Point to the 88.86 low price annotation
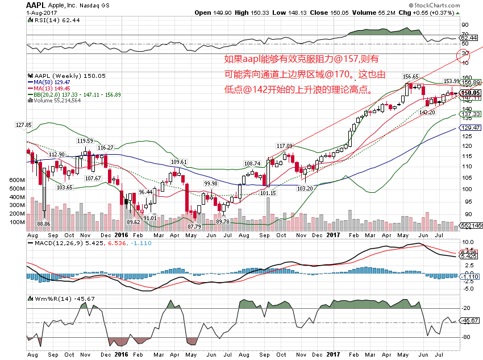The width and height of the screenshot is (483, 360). click(44, 224)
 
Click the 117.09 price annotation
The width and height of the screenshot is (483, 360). click(284, 146)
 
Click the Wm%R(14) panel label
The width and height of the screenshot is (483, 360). click(49, 299)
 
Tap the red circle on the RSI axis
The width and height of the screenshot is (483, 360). click(465, 55)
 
